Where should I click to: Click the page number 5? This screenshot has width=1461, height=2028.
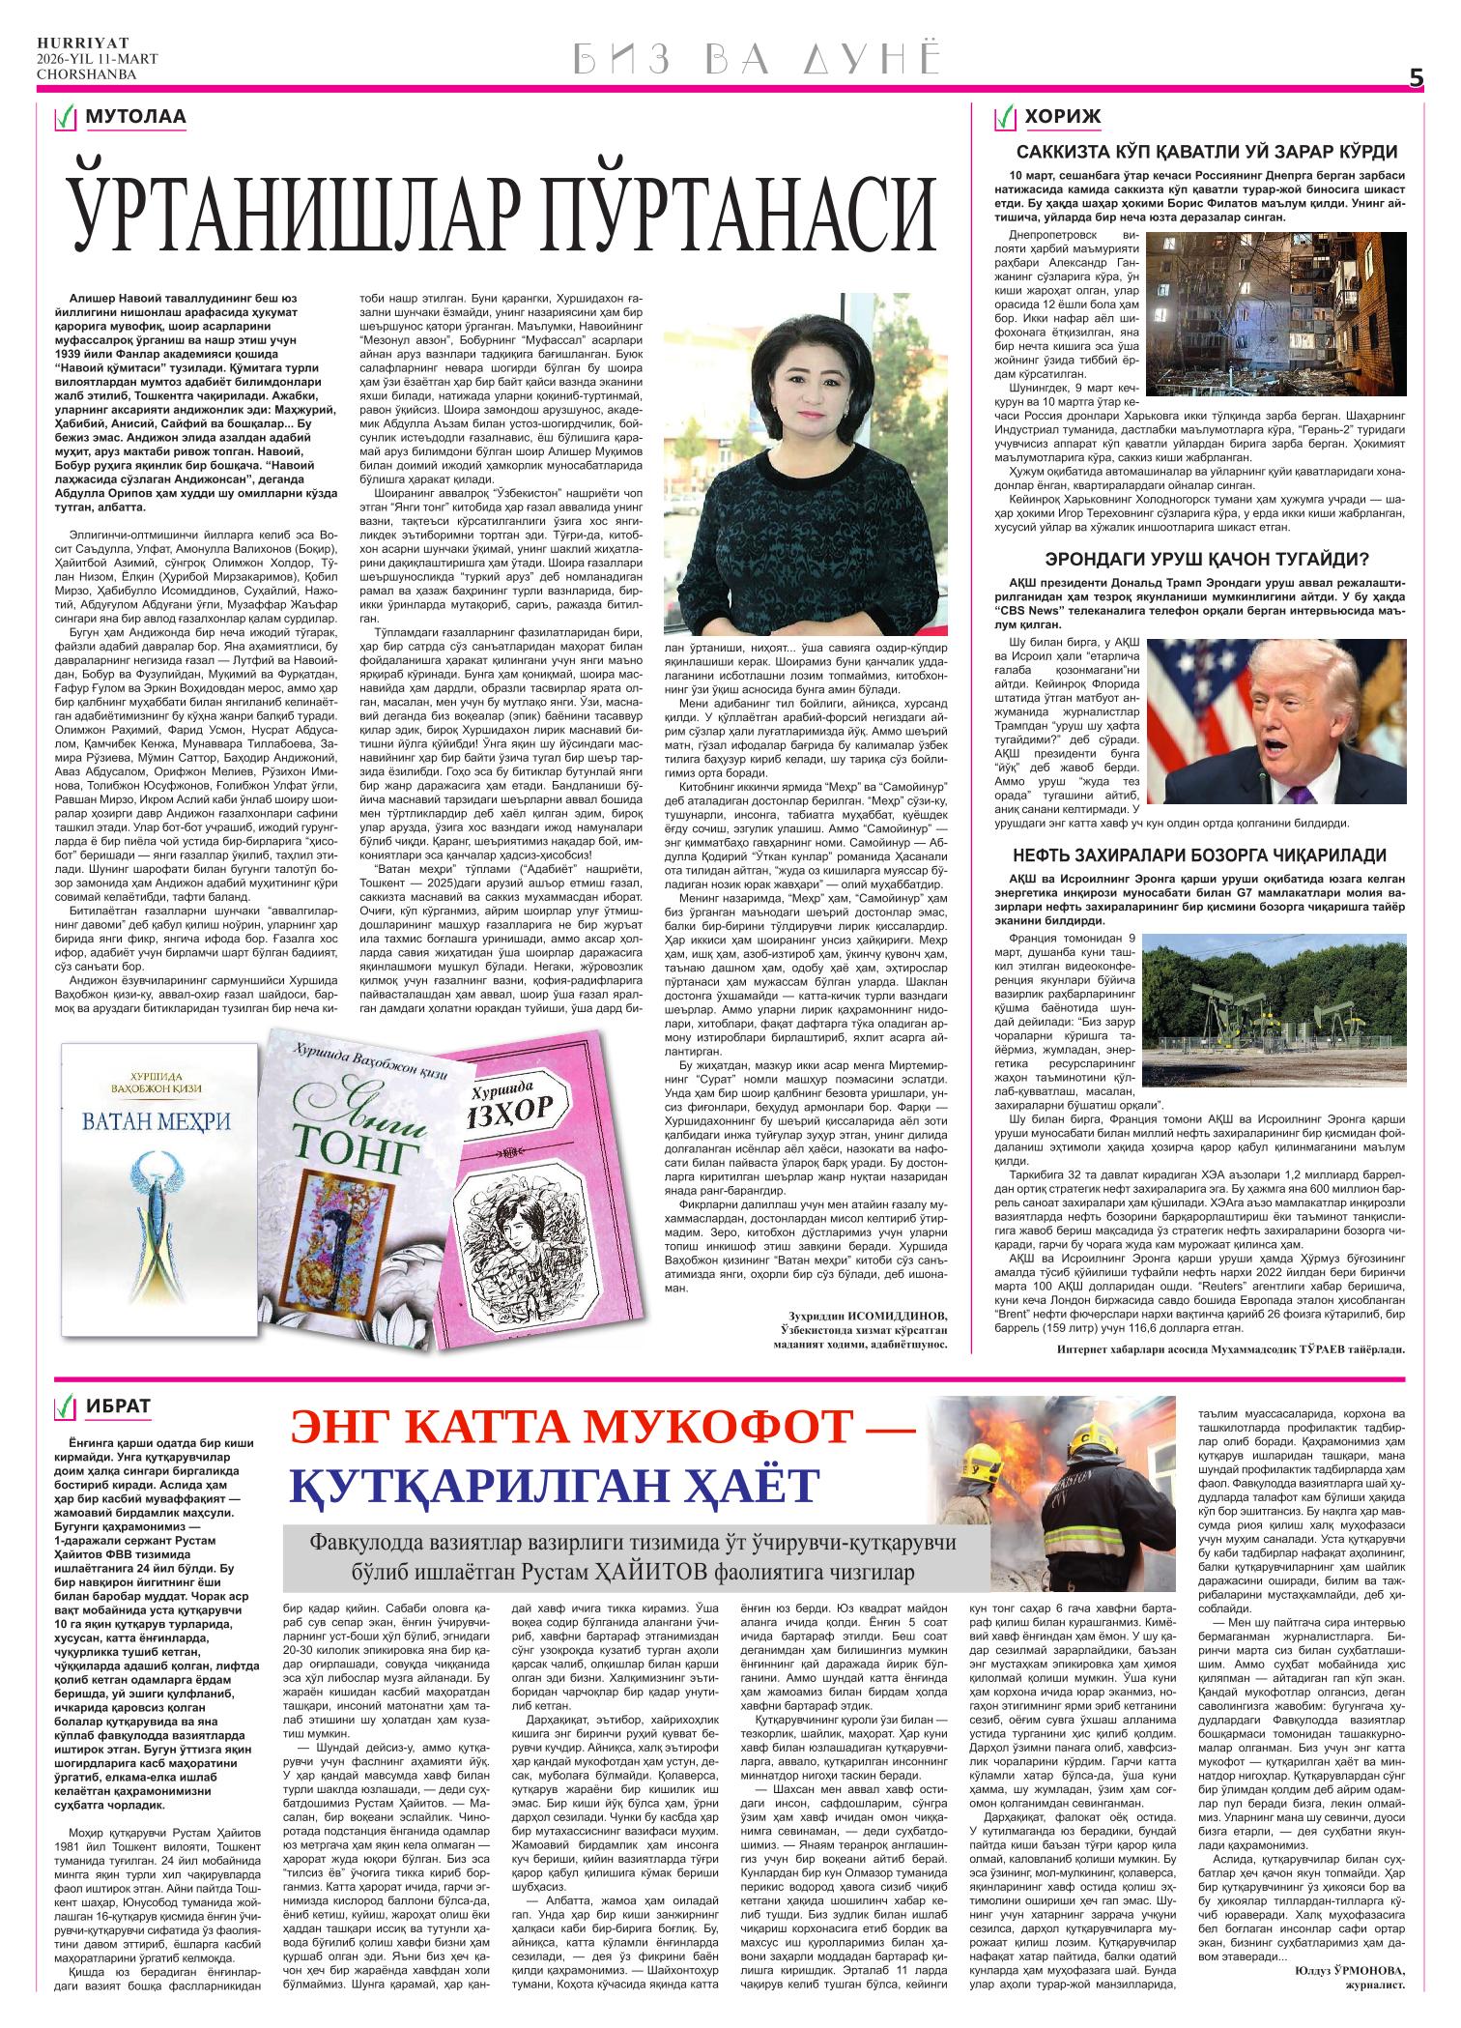point(1416,80)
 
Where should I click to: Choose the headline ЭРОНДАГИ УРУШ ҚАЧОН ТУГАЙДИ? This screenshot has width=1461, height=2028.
point(1207,559)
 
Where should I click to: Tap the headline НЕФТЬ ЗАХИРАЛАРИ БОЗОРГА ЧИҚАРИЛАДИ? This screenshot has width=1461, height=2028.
point(1199,855)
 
